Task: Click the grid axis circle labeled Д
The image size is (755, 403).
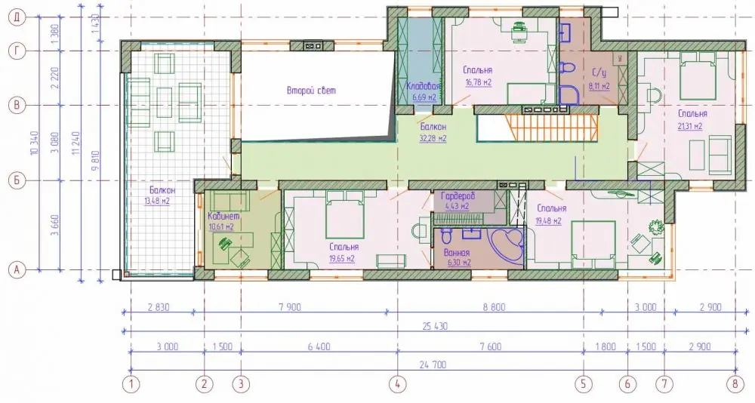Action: pos(17,17)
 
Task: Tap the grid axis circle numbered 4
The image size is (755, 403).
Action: pos(397,384)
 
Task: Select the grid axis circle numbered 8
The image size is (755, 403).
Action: pos(735,384)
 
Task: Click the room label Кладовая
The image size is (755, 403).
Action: pos(424,87)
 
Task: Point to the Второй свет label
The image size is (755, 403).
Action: pos(311,91)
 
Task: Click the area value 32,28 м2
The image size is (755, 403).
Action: pos(433,139)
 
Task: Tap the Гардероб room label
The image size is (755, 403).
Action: pos(458,196)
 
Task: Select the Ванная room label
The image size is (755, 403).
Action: pos(457,253)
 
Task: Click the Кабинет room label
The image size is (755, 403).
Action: pos(223,217)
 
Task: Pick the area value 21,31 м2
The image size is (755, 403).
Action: pos(690,126)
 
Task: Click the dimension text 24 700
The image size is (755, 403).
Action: pos(433,365)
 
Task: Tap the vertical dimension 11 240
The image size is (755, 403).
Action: pos(77,143)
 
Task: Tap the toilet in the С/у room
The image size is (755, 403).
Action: pos(567,69)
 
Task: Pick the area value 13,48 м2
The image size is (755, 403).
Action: pos(157,201)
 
